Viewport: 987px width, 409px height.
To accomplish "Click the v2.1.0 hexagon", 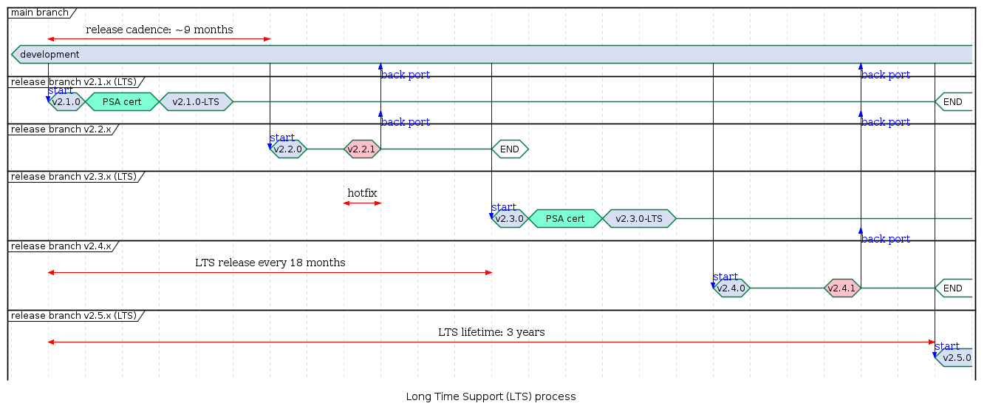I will pyautogui.click(x=66, y=101).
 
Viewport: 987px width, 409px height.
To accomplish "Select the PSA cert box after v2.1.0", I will pyautogui.click(x=122, y=101).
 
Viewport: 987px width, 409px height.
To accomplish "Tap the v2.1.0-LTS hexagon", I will pyautogui.click(x=196, y=101).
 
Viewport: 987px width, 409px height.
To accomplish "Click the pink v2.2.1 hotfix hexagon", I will pyautogui.click(x=362, y=149).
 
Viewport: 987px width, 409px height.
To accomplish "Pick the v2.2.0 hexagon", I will pyautogui.click(x=288, y=149).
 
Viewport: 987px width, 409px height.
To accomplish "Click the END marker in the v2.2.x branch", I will pyautogui.click(x=510, y=149).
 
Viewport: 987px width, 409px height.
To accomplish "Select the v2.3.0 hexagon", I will pyautogui.click(x=510, y=218).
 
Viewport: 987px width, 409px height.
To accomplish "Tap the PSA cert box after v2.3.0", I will pyautogui.click(x=565, y=218).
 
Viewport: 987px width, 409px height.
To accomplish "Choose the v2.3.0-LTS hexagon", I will pyautogui.click(x=639, y=218).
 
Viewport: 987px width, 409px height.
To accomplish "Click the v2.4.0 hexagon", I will pyautogui.click(x=731, y=288).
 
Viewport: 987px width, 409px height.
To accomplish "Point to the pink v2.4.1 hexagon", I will pyautogui.click(x=842, y=288).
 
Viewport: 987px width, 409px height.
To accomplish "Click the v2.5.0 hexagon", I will pyautogui.click(x=956, y=357).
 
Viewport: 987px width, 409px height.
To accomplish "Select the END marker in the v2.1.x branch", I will pyautogui.click(x=953, y=101).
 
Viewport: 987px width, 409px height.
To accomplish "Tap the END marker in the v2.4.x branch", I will pyautogui.click(x=953, y=288).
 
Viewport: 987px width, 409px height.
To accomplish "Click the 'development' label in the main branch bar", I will pyautogui.click(x=49, y=55).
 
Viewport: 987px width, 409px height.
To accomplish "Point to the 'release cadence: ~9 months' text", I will pyautogui.click(x=160, y=30).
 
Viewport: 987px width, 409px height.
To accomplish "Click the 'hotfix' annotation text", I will pyautogui.click(x=362, y=193).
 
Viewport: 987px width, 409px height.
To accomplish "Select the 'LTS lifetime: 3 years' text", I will pyautogui.click(x=491, y=332).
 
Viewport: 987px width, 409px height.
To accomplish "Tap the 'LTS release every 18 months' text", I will pyautogui.click(x=270, y=263).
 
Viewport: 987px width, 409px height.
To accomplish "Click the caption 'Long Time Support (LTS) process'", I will pyautogui.click(x=491, y=396).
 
